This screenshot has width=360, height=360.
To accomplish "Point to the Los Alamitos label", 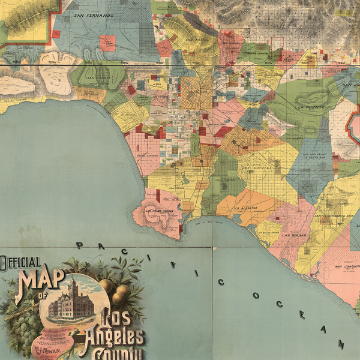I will tap(245, 208).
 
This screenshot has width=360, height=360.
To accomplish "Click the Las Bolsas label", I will tap(293, 235).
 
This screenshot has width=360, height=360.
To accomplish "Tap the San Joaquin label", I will tap(346, 266).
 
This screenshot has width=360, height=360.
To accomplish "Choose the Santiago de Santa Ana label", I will tap(334, 215).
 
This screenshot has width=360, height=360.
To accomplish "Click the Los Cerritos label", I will tap(224, 179).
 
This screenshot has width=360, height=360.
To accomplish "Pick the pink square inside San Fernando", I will tap(107, 43).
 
